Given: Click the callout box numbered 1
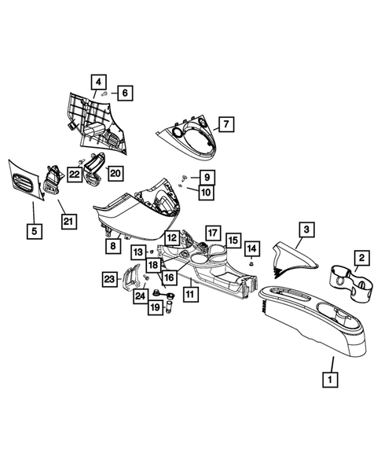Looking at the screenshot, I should point(331,377).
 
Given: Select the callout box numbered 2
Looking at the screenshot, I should point(361,257).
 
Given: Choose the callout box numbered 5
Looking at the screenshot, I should point(34,231).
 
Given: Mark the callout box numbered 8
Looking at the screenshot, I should point(114,245).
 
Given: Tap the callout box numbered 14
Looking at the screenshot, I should point(251,249).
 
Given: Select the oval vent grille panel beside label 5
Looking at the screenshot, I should point(24,183).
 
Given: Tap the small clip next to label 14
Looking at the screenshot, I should point(251,265).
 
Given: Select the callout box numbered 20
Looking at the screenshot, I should point(115,172).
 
